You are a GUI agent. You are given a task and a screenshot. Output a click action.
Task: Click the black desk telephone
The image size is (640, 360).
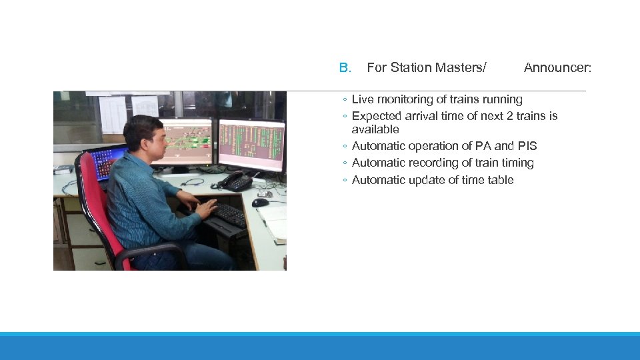click(235, 180)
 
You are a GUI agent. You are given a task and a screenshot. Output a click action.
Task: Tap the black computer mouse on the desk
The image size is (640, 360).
click(260, 202)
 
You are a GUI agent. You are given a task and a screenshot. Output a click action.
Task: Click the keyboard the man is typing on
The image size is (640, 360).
click(227, 215)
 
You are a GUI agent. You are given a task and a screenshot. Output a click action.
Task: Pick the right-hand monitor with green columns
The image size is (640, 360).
click(251, 143)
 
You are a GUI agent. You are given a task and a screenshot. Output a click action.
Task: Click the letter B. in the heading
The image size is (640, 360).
click(345, 67)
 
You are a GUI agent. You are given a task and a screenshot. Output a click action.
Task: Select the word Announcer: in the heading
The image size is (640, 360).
click(557, 67)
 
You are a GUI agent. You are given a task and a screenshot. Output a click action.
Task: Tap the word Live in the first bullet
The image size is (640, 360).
click(363, 99)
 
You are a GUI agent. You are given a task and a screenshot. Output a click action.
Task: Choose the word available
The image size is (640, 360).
click(375, 129)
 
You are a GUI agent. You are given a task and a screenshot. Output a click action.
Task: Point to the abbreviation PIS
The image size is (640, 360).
click(527, 146)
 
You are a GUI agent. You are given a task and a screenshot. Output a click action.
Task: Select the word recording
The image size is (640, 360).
click(432, 163)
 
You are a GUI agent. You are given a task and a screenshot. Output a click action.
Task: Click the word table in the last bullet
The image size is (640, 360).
click(499, 180)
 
